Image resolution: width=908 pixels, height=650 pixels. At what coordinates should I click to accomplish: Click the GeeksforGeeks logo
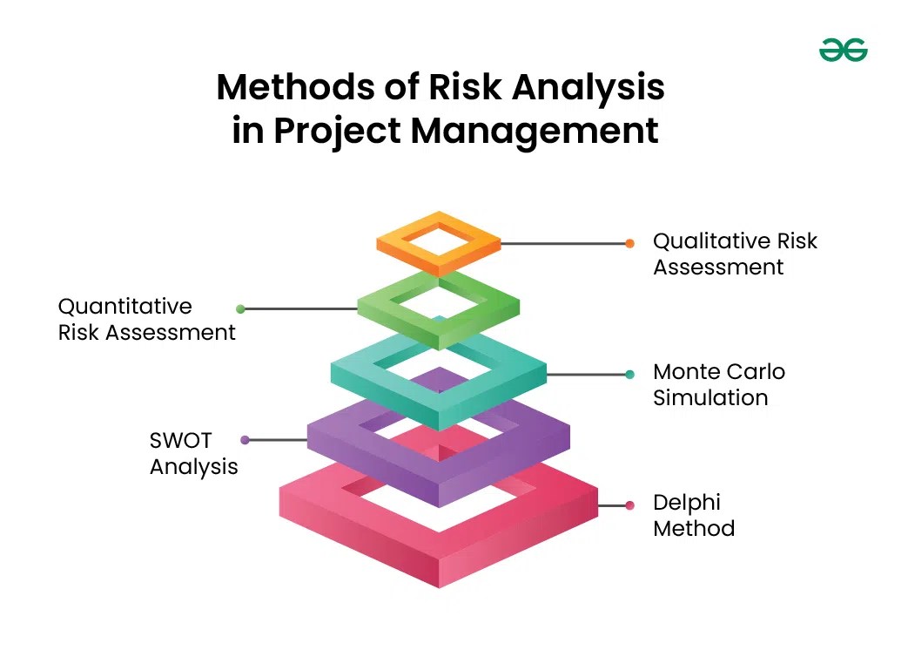[843, 51]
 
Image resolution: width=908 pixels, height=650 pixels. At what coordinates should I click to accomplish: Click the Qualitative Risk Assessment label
[735, 254]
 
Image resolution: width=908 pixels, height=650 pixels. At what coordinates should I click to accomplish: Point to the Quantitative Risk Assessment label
[146, 319]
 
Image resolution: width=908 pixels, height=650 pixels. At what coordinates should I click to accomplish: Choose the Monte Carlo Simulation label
[718, 384]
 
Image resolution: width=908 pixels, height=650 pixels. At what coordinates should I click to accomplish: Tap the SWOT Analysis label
[193, 453]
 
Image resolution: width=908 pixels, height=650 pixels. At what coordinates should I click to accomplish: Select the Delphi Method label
[694, 515]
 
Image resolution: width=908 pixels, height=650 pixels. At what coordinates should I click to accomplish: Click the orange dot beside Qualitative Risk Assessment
[629, 244]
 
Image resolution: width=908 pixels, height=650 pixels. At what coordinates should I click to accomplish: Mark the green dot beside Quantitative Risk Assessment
[241, 308]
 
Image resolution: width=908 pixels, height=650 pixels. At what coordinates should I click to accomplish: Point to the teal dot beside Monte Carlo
[629, 375]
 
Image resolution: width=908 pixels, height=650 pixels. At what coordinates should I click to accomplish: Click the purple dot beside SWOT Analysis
[245, 440]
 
